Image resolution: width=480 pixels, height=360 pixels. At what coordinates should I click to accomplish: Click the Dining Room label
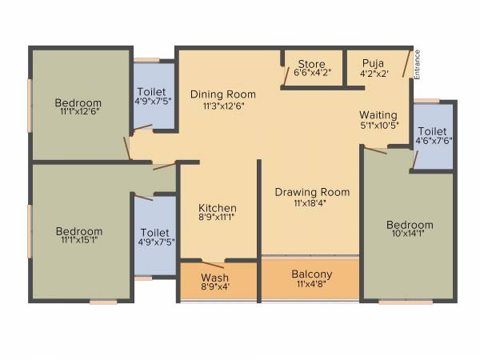click(x=223, y=94)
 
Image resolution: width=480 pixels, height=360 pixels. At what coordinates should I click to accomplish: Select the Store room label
click(x=311, y=63)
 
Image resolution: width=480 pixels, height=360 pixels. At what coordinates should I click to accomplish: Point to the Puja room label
click(x=372, y=63)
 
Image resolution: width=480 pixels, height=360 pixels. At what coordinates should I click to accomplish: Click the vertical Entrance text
click(x=417, y=63)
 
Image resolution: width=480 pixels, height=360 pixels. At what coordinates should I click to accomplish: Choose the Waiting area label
click(x=378, y=114)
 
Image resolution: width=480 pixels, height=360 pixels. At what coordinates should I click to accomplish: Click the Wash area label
click(x=215, y=278)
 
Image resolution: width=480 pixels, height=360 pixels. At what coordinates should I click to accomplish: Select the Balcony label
click(x=312, y=274)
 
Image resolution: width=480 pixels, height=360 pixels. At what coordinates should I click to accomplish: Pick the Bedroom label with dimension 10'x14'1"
click(x=410, y=225)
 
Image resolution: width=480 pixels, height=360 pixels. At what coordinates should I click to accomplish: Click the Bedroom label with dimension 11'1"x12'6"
click(x=78, y=102)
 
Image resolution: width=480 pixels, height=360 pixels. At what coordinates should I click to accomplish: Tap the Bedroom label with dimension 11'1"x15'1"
click(x=78, y=231)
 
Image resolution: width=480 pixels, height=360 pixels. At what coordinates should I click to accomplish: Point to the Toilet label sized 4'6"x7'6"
click(x=433, y=130)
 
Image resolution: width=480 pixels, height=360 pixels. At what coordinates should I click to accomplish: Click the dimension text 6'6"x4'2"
click(x=312, y=74)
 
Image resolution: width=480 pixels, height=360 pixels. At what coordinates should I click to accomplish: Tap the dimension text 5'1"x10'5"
click(x=378, y=125)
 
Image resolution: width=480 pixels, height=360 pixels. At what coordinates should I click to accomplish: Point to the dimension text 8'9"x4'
click(x=215, y=289)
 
